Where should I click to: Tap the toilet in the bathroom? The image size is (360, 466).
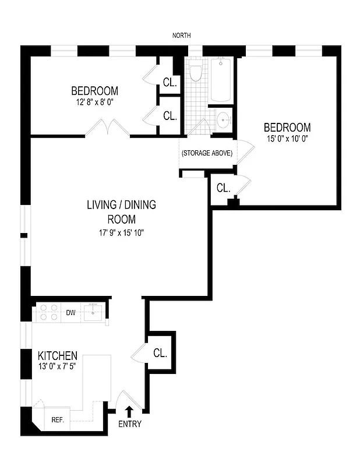pos(196,73)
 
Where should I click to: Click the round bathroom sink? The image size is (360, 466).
pos(223,121)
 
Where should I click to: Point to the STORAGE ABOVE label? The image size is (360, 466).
pos(207,153)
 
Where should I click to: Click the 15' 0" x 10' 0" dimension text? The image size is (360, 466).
pos(287,140)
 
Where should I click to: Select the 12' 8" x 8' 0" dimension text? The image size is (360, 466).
pos(94,102)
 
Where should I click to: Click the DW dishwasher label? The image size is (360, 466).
pos(70,313)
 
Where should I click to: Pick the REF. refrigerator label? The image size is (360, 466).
pos(58,419)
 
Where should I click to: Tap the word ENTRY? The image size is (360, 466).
pos(129,424)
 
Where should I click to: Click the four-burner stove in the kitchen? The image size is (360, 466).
pos(47,313)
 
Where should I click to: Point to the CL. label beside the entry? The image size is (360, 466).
pos(160,353)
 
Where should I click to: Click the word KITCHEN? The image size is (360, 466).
pos(58,355)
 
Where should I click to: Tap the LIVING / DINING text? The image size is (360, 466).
pos(121,205)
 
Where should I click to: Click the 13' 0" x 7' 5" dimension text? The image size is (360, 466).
pos(58,367)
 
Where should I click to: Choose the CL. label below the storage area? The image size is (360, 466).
pos(224,188)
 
